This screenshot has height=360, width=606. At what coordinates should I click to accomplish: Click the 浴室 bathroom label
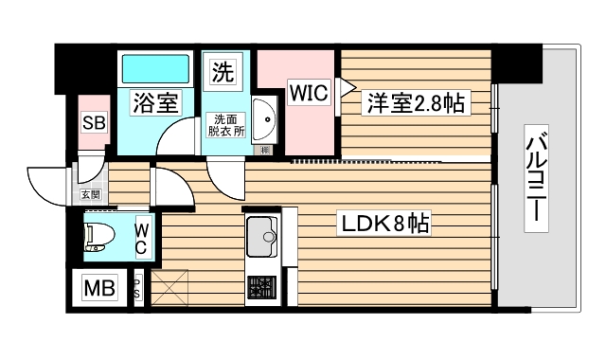tap(155, 103)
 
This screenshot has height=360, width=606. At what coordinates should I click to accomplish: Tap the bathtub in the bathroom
tap(156, 68)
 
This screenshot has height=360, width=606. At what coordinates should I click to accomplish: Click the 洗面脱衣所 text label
tap(226, 125)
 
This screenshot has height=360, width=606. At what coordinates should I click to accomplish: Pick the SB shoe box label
tap(93, 122)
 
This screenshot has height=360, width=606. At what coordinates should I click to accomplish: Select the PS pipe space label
tap(138, 288)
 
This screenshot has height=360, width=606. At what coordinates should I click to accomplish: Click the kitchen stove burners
tap(259, 288)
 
